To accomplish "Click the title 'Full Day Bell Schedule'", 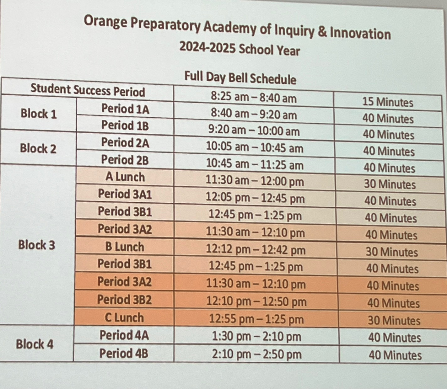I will click(x=240, y=78).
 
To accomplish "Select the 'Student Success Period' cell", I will click(x=88, y=90).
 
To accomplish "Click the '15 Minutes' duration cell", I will click(x=388, y=102).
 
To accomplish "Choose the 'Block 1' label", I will click(x=39, y=114).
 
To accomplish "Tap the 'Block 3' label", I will click(x=36, y=245).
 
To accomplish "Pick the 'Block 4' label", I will click(x=35, y=344).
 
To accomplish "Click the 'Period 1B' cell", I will click(x=125, y=125).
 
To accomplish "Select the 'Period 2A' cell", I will click(x=125, y=143).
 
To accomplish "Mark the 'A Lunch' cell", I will click(x=125, y=177).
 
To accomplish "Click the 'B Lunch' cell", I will click(x=125, y=247).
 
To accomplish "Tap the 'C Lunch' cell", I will click(x=124, y=317).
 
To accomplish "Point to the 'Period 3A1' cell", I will click(x=125, y=194).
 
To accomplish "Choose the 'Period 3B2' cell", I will click(x=124, y=300).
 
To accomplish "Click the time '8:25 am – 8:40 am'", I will click(x=254, y=98).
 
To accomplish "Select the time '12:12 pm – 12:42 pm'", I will click(x=256, y=250).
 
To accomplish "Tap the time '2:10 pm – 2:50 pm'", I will click(x=256, y=354).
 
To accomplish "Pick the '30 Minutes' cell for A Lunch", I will click(x=390, y=184).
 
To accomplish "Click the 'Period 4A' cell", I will click(x=124, y=335).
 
